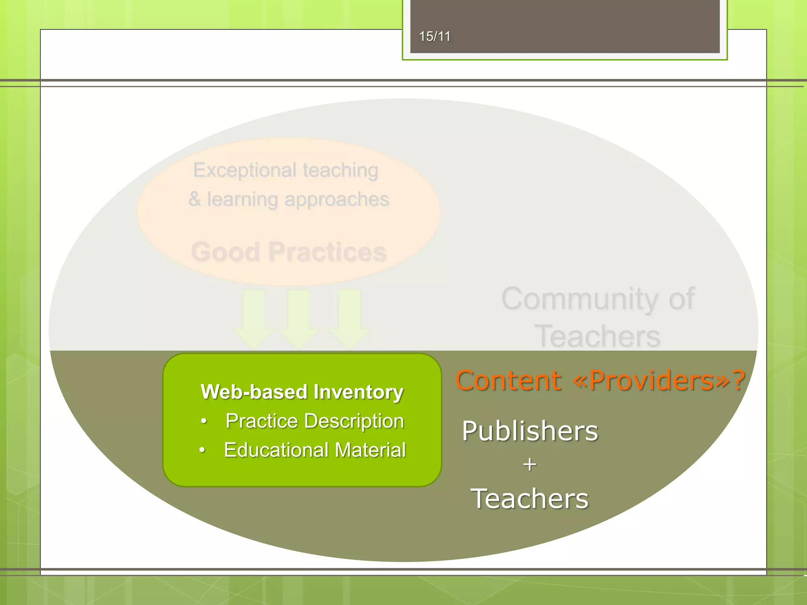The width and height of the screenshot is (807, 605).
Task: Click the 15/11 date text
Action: [435, 37]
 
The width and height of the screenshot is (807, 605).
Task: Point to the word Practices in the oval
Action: [327, 252]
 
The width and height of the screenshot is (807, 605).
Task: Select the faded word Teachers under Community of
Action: [597, 336]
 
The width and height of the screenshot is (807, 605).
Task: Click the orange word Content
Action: [508, 380]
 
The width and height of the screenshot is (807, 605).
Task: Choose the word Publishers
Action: [530, 431]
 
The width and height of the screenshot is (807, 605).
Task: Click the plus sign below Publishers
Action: [530, 465]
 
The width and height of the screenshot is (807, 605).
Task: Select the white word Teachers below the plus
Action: [530, 499]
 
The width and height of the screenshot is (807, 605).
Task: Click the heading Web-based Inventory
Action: [302, 392]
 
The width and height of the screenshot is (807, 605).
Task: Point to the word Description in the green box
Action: [359, 421]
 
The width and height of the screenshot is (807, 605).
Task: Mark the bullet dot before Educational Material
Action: [202, 450]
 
